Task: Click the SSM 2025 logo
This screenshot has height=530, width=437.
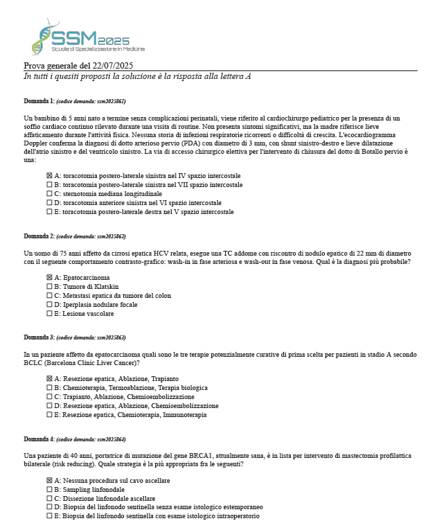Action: click(87, 38)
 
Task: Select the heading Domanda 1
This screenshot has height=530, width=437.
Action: click(39, 100)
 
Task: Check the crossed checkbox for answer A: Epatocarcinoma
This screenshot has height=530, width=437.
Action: click(49, 277)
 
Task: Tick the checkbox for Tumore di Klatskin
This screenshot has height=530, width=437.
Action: click(49, 286)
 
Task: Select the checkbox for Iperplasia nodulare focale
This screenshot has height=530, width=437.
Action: click(49, 304)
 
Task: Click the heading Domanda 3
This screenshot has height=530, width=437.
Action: click(39, 337)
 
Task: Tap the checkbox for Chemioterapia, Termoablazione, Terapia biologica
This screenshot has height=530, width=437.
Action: click(49, 387)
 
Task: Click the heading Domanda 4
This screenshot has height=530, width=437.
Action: click(39, 439)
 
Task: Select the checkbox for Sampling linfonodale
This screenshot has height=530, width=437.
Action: click(49, 489)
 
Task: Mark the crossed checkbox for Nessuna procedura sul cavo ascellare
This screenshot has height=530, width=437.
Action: click(49, 480)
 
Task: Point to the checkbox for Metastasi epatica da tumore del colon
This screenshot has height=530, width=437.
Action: click(49, 295)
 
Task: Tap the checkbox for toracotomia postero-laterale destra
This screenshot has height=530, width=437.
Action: click(49, 212)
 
